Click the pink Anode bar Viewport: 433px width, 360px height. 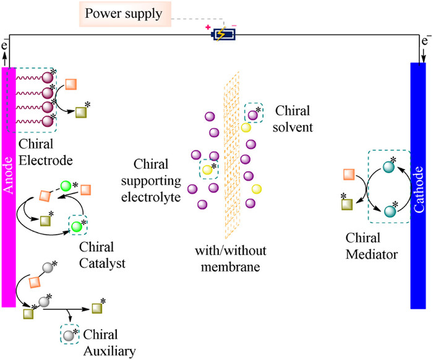click(x=9, y=186)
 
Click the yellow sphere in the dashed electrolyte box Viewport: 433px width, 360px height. click(x=208, y=169)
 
